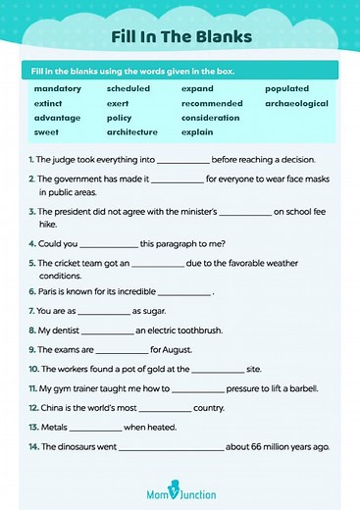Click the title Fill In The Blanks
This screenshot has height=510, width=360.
coord(180,37)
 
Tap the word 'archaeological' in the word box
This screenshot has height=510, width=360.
coord(296,103)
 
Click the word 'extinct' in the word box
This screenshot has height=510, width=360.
coord(49,103)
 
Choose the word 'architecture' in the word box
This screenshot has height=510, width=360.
coord(132,131)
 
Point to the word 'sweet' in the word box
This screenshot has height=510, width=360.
coord(46,131)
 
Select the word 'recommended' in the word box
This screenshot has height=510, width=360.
coord(212,103)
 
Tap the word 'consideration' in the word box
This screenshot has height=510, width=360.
coord(211,118)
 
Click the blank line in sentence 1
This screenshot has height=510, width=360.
coord(183,161)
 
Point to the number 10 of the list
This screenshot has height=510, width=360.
coord(33,369)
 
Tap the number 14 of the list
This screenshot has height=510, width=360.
coord(33,446)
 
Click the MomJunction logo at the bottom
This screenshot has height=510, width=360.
coord(180,492)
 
